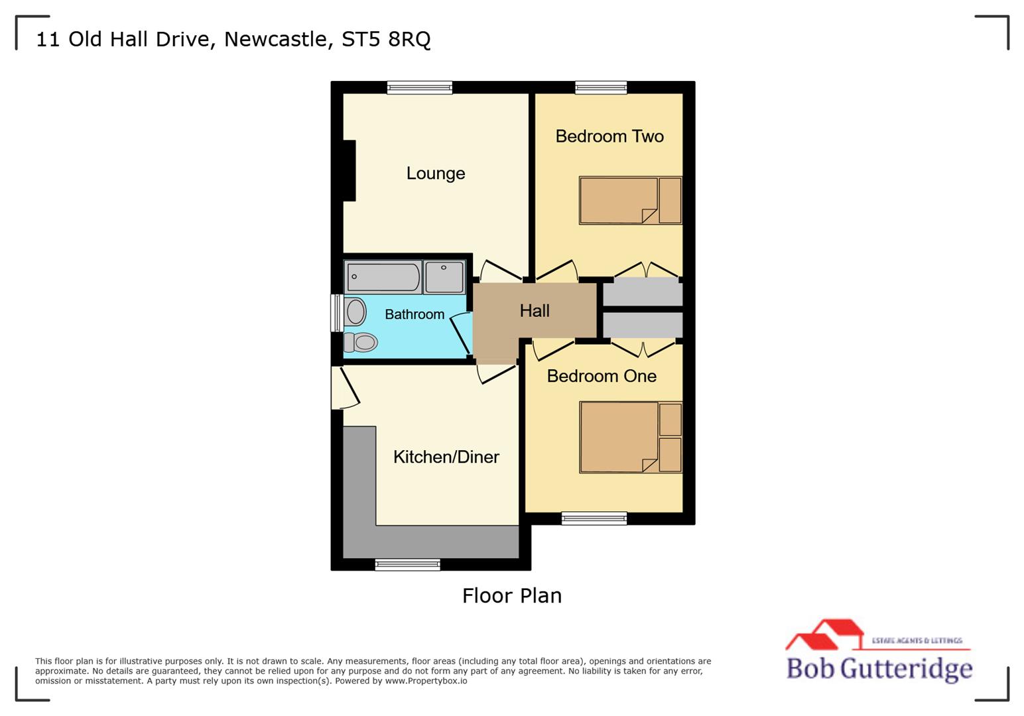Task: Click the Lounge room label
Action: click(x=435, y=174)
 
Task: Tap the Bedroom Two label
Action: click(x=609, y=137)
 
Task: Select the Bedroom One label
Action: click(x=601, y=377)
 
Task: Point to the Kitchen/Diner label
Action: click(x=446, y=457)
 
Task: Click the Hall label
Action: click(x=535, y=311)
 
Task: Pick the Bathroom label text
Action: click(x=415, y=314)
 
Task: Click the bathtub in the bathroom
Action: click(x=383, y=277)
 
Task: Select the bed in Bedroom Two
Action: click(x=630, y=200)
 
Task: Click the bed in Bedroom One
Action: click(x=630, y=437)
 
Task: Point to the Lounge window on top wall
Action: click(x=420, y=87)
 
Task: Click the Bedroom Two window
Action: click(x=601, y=87)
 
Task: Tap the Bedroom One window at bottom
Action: click(x=594, y=518)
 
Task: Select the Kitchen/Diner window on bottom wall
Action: click(x=407, y=565)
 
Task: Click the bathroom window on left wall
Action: click(x=337, y=313)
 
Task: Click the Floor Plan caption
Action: click(x=512, y=595)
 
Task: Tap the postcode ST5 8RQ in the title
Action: click(x=386, y=39)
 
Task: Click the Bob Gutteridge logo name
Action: click(x=879, y=668)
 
